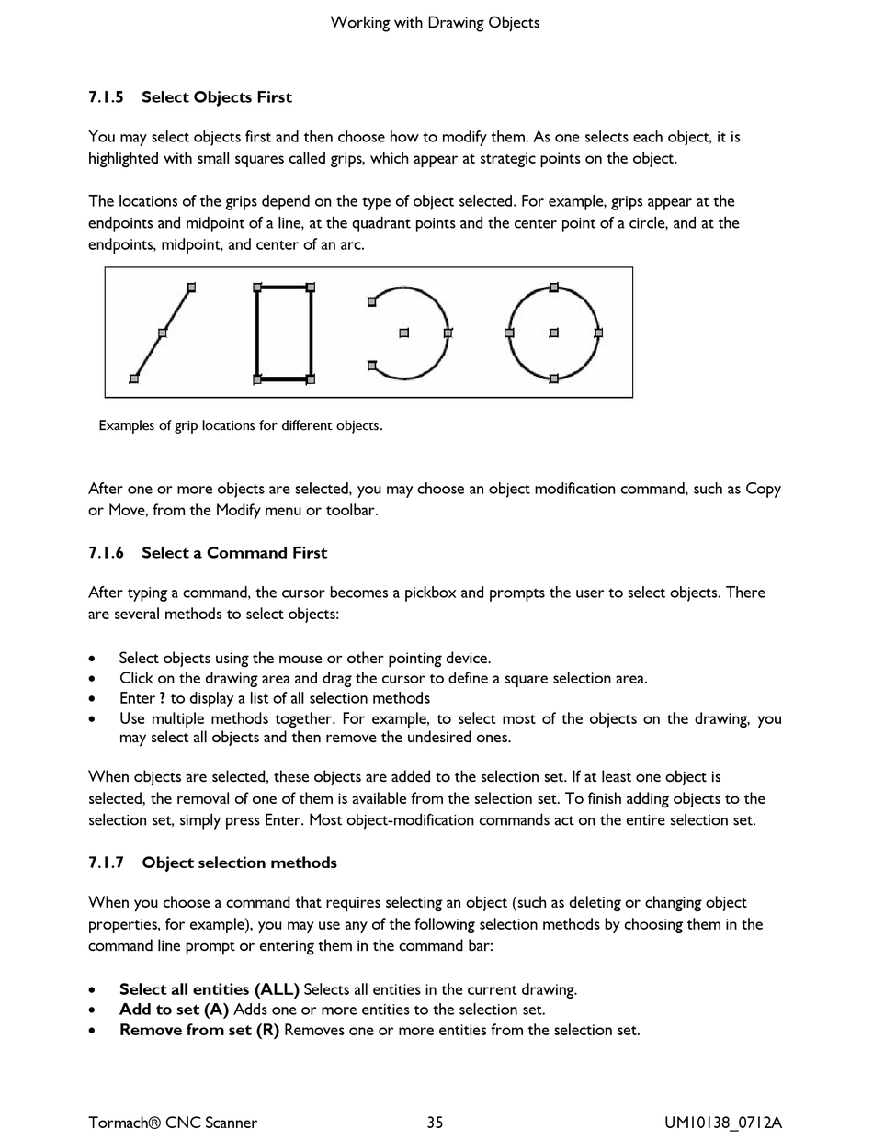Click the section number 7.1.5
108,97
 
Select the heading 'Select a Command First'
233,553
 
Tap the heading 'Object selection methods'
239,863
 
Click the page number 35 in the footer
435,1122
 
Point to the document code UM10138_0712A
723,1122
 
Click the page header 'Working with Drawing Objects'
435,22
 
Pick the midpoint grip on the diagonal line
163,333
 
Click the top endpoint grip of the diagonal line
191,288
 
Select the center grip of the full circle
553,333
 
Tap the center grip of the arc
403,333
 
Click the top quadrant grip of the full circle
553,288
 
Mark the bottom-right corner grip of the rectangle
311,378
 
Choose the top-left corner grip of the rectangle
257,288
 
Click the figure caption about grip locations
240,425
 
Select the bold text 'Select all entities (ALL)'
209,989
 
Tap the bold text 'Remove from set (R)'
198,1030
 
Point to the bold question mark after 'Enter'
162,698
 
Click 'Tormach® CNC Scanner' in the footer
173,1122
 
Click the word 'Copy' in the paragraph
763,489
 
